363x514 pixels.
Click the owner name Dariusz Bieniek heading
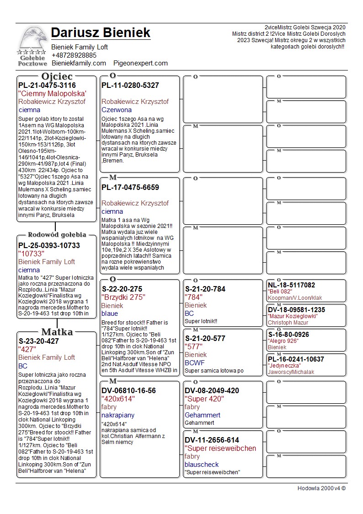coord(101,32)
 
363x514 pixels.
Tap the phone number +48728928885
coord(74,55)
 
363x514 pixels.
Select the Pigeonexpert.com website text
coord(141,63)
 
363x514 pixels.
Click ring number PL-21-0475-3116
coord(47,85)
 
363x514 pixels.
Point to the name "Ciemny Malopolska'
coord(53,93)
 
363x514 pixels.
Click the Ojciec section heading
coord(57,76)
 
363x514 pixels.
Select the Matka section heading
coord(57,332)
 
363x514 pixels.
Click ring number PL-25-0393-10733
coord(49,245)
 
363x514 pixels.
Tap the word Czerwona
coord(117,110)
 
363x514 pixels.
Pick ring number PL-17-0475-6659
coord(130,187)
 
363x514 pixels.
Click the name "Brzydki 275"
coord(123,297)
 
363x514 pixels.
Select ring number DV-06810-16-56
coord(128,390)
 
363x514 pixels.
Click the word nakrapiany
coord(118,415)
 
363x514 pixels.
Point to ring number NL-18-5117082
coord(291,285)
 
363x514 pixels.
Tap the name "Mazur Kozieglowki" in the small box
coord(293,316)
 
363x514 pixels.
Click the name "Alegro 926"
coord(283,341)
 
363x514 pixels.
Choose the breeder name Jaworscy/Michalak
coord(291,372)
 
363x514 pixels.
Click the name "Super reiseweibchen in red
coord(220,448)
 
